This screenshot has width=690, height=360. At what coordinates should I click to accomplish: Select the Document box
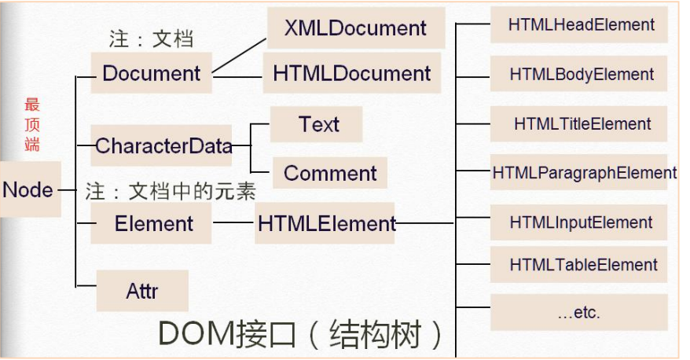pos(152,74)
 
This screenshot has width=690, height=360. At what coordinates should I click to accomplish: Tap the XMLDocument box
pos(356,29)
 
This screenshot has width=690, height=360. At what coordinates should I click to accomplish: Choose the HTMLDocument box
pos(351,74)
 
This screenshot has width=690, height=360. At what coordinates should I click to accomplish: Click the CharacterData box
pos(163,145)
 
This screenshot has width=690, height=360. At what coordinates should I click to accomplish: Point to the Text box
pos(317,124)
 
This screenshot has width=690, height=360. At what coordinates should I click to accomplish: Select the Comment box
pos(330,173)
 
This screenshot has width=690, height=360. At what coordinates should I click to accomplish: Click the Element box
pos(153,224)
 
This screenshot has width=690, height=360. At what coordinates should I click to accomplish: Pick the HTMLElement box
pos(325,224)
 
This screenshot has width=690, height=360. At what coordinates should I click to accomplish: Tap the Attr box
pos(142,291)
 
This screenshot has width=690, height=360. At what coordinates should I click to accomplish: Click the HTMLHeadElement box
pos(580,25)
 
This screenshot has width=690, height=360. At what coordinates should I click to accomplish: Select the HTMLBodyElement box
pos(580,75)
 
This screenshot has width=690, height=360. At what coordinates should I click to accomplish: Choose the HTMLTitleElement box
pos(580,124)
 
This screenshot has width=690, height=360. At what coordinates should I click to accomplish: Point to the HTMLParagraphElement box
pos(584,172)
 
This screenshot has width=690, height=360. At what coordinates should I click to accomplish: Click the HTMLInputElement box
pos(580,222)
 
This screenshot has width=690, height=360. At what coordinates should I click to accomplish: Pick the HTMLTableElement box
pos(580,265)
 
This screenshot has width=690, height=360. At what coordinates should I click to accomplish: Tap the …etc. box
pos(580,312)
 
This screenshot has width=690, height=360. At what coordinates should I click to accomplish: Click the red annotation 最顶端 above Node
pos(32,124)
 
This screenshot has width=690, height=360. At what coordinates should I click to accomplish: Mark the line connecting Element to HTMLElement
pos(233,223)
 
